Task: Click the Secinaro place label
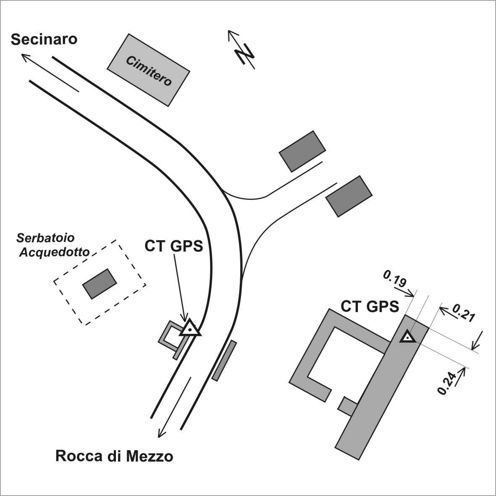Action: tap(44, 39)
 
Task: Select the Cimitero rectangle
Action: tap(149, 70)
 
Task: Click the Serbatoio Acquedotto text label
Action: tap(52, 245)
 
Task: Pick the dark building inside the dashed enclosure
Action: tap(99, 283)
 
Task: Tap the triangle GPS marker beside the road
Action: tap(190, 328)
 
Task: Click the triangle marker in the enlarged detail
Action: tap(407, 337)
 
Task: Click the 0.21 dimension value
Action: tap(464, 313)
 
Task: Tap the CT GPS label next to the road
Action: tap(173, 246)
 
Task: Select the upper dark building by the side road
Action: tap(302, 151)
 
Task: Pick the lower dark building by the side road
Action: tap(349, 196)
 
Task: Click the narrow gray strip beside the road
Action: tap(224, 361)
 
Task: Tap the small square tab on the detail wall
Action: tap(347, 406)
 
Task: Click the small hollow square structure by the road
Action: tap(171, 336)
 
